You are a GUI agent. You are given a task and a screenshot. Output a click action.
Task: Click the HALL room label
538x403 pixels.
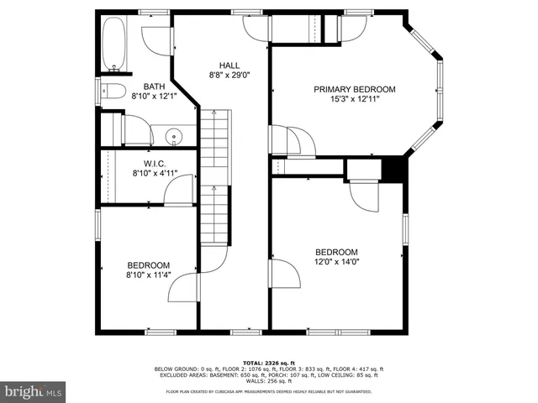pos(229,65)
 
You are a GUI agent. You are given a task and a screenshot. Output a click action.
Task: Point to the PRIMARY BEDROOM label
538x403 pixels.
pos(354,89)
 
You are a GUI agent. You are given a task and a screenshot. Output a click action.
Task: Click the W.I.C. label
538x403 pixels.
pos(154,163)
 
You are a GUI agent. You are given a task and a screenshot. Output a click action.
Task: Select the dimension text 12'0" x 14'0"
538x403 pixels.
pos(336,262)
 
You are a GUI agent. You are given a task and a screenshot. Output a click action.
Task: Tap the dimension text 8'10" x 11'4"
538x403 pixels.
pos(148,275)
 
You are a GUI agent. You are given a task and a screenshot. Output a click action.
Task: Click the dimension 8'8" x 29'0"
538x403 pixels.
pos(229,76)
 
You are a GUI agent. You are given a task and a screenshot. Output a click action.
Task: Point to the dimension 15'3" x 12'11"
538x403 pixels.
pos(354,99)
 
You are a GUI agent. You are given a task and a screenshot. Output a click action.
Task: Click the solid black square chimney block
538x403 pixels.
pos(393,169)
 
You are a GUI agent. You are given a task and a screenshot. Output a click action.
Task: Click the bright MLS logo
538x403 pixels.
pos(33,391)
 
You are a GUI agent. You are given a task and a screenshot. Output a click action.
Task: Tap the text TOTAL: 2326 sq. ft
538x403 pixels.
pos(268,362)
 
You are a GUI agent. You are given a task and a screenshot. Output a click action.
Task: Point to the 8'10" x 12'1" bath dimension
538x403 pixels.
pos(154,96)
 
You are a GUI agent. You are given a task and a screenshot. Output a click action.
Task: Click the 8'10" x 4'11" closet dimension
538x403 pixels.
pos(154,173)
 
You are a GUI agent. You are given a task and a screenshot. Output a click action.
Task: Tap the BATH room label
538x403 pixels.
pos(154,86)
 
